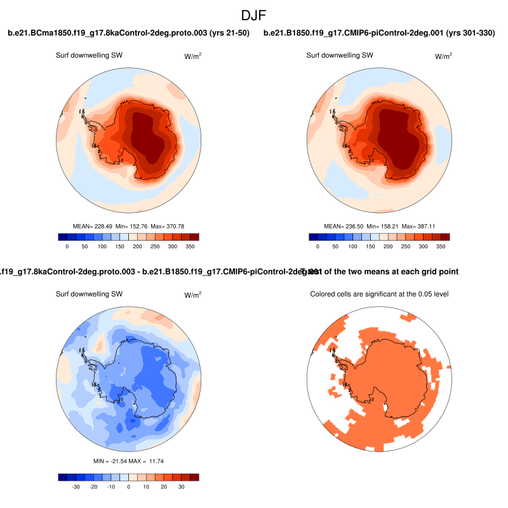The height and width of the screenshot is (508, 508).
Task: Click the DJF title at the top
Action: (x=254, y=14)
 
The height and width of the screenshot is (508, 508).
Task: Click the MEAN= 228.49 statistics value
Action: (x=93, y=226)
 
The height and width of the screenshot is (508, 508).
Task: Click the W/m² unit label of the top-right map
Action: (x=443, y=56)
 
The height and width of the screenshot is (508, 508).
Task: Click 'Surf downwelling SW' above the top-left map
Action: (x=89, y=55)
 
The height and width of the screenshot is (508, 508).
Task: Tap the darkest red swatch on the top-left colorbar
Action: (x=195, y=237)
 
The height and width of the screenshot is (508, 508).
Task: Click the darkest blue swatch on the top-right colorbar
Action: (x=313, y=237)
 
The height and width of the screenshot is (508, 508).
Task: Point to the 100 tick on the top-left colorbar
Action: (x=102, y=246)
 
